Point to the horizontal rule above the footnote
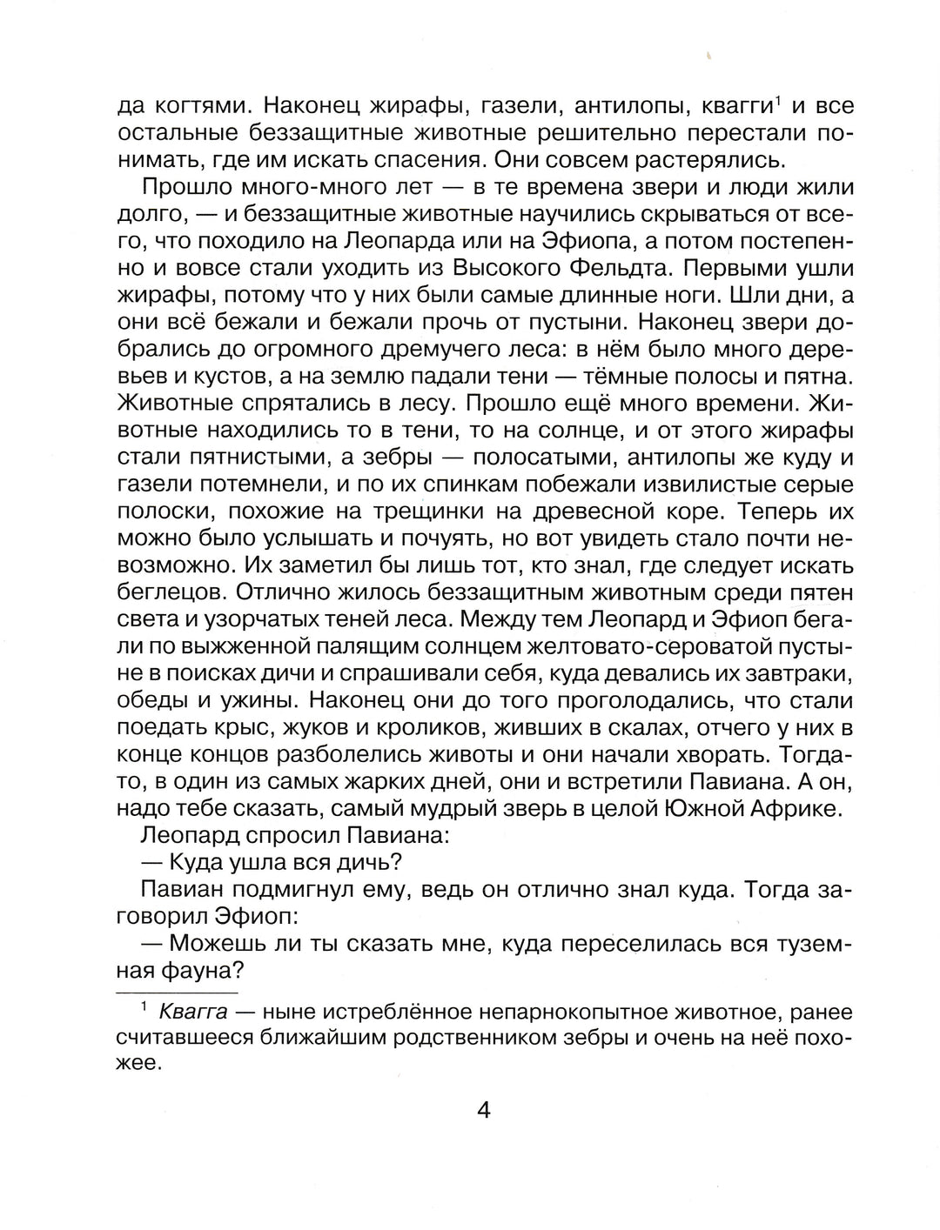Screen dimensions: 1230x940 pos(178,992)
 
